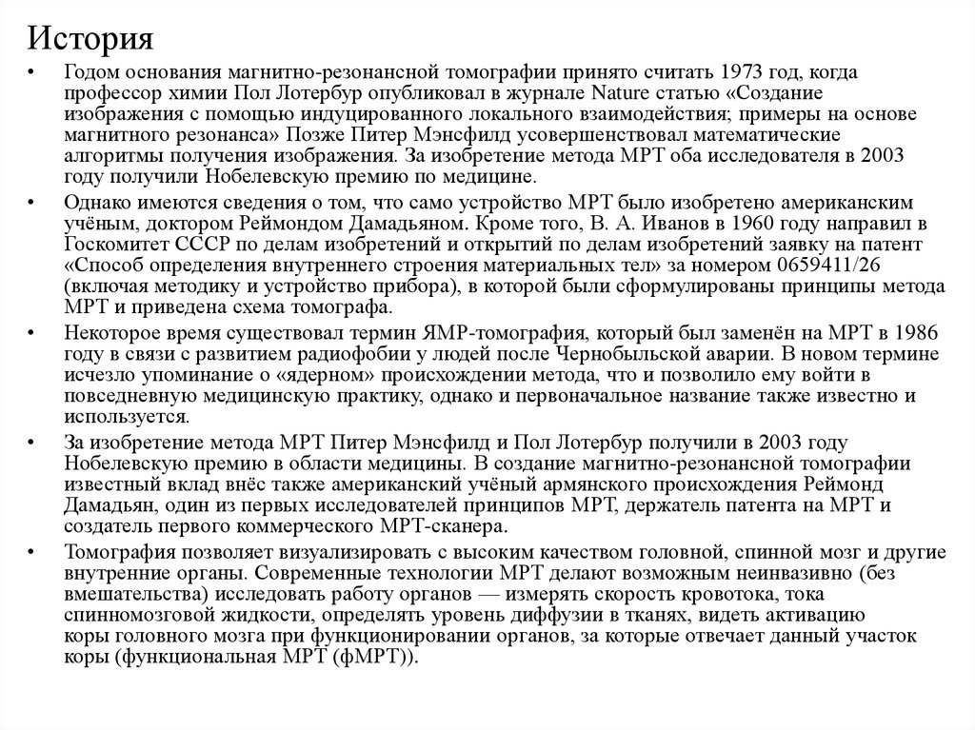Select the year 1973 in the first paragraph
pos(740,74)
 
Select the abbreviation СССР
pos(174,244)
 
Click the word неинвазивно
pos(788,573)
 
